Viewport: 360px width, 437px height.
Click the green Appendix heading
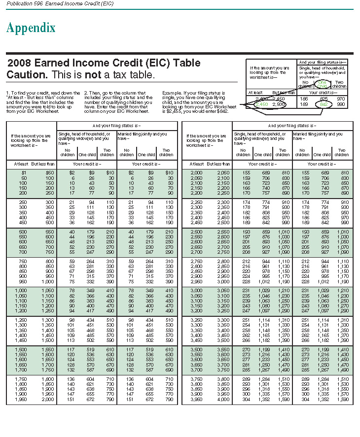tap(31, 28)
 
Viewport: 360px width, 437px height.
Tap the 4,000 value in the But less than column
tap(223, 400)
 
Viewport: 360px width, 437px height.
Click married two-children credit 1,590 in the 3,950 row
tap(342, 400)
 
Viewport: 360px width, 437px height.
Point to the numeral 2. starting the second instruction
tap(86, 92)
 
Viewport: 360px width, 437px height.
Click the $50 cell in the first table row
tap(50, 173)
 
